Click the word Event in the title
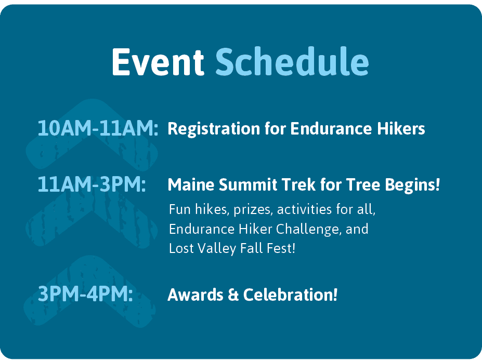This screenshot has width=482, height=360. [x=158, y=62]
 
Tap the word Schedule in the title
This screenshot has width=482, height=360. [x=292, y=61]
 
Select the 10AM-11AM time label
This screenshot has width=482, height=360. [x=98, y=128]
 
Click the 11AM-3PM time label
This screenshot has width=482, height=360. [x=92, y=184]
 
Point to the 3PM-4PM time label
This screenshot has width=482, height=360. [x=85, y=294]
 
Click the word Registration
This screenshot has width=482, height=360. [x=214, y=129]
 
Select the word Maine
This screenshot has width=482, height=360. [x=191, y=184]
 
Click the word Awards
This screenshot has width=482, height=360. [x=196, y=295]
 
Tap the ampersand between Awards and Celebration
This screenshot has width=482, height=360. [x=233, y=295]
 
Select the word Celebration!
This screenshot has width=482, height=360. [x=290, y=295]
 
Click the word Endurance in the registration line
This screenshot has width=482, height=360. [x=331, y=128]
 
